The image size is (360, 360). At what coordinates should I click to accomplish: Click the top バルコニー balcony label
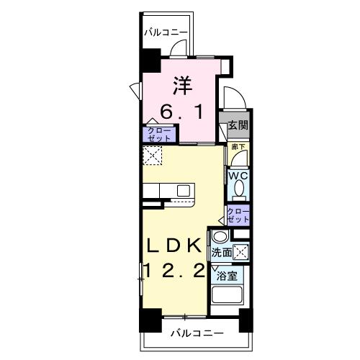click(x=165, y=32)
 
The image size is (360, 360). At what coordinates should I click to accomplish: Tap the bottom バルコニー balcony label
click(x=196, y=333)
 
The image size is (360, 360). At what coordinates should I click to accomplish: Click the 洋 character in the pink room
click(x=183, y=85)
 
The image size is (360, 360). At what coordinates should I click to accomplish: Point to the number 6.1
click(x=183, y=113)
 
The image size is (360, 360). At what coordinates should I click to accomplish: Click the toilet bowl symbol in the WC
click(x=238, y=189)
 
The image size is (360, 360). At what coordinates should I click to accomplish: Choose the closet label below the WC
click(x=238, y=215)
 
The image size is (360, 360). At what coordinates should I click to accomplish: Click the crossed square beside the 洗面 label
click(x=243, y=251)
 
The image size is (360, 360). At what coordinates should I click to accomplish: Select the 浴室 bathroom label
click(x=227, y=276)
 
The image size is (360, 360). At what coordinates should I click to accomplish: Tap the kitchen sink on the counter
click(x=184, y=190)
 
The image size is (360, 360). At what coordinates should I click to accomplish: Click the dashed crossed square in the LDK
click(x=152, y=156)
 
